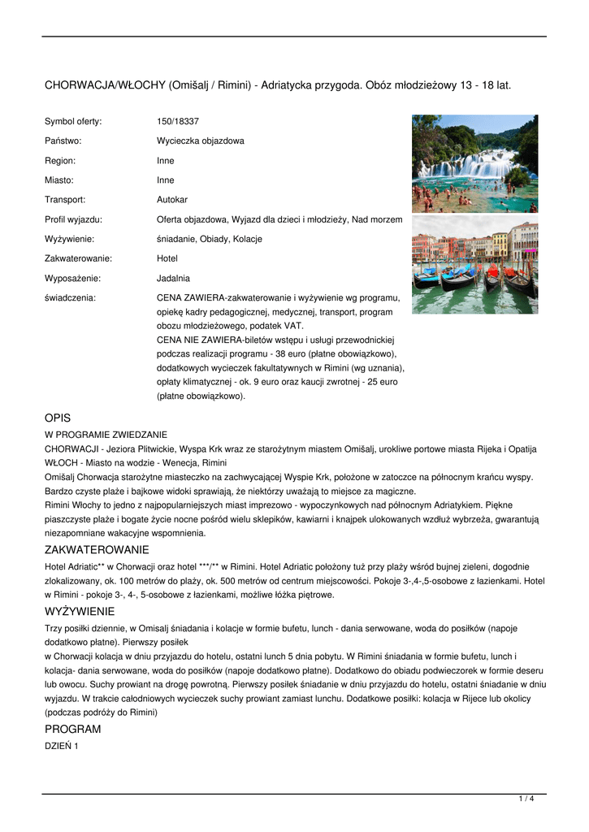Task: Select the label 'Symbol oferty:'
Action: (x=73, y=121)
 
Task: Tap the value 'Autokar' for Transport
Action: (x=172, y=199)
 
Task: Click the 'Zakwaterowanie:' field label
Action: (x=78, y=258)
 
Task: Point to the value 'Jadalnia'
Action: (x=173, y=278)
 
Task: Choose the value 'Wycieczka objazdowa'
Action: (x=201, y=141)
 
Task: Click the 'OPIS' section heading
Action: (x=58, y=418)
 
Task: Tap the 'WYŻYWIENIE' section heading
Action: (x=80, y=611)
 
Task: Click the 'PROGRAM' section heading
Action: (x=73, y=729)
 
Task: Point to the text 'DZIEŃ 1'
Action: (x=62, y=746)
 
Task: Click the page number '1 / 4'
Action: (x=526, y=799)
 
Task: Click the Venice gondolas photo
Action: (x=474, y=265)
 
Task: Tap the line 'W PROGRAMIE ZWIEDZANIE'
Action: (x=106, y=435)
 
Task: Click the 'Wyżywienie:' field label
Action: (x=69, y=239)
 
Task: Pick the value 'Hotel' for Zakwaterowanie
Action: (x=167, y=258)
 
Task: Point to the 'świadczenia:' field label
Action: (x=70, y=297)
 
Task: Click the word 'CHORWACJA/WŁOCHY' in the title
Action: (x=105, y=84)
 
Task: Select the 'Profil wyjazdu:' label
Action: (x=73, y=219)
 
